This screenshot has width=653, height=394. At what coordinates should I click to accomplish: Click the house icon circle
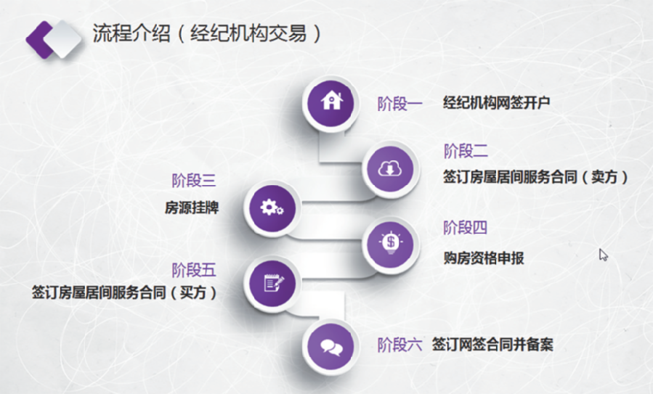(x=331, y=102)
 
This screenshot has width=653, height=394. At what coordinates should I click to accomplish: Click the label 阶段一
(x=399, y=104)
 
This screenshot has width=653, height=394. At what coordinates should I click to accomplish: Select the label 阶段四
(x=465, y=228)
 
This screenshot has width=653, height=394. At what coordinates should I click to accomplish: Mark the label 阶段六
(x=399, y=345)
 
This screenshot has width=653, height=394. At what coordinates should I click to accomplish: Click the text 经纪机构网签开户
(x=496, y=103)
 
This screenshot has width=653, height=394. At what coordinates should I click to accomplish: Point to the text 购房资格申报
(x=484, y=258)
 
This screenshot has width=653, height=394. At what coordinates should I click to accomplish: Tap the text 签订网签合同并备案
(x=492, y=345)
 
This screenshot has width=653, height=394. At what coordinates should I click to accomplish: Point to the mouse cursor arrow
(x=603, y=254)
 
